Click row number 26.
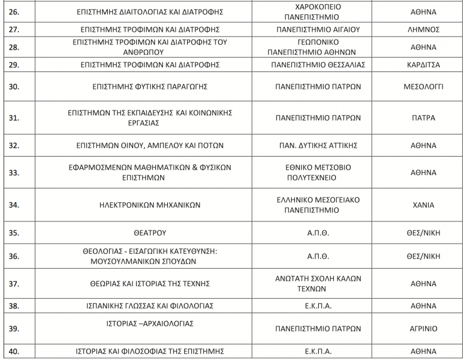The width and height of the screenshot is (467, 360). tap(13, 11)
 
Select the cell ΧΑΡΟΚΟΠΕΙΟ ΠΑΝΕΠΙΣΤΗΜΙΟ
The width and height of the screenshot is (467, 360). tap(318, 11)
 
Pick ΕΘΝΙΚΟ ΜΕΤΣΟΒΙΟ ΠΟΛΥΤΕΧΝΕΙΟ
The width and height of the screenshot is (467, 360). tap(318, 172)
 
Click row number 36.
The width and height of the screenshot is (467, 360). tap(13, 256)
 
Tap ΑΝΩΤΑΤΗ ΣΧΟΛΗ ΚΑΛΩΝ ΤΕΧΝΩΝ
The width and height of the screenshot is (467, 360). tap(318, 283)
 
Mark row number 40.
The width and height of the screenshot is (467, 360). tap(13, 352)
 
